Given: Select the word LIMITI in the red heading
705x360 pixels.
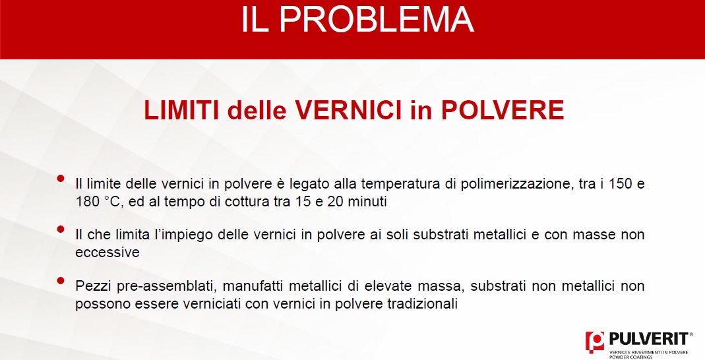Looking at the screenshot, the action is (x=181, y=110).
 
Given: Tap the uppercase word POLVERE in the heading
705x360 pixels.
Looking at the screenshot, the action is (x=503, y=110).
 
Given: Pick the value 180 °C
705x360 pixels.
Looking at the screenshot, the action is (x=98, y=201).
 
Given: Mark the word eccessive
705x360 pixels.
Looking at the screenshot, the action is (x=107, y=253).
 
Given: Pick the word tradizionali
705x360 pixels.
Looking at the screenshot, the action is (x=422, y=304).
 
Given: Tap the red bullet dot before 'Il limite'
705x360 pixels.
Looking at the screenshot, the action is (x=61, y=179).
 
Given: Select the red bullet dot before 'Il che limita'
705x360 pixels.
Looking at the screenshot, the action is (x=61, y=229).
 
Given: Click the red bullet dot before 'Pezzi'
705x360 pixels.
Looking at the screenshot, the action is (x=61, y=281).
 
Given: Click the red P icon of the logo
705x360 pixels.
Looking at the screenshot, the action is (x=595, y=342).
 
